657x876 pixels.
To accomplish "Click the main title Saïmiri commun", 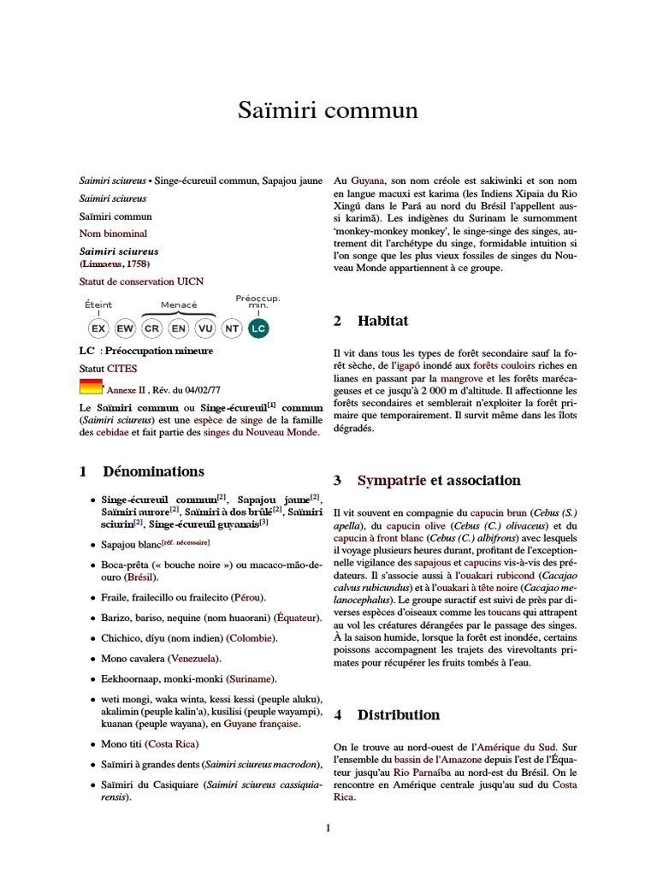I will point(328,111).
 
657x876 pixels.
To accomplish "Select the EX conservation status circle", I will point(98,328).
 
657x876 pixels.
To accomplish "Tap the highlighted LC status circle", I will point(257,328).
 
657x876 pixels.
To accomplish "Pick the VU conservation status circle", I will point(205,328).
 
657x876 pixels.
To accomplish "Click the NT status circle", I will point(231,328).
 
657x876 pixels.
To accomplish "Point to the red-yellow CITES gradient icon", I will point(91,386).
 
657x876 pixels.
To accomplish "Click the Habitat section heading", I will point(382,321).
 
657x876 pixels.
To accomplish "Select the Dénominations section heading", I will point(153,471).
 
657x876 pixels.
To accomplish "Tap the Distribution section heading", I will point(399,714).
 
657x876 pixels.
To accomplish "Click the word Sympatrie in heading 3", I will point(392,480).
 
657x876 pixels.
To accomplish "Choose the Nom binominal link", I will point(113,233).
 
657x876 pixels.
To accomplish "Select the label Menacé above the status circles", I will point(179,305).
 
